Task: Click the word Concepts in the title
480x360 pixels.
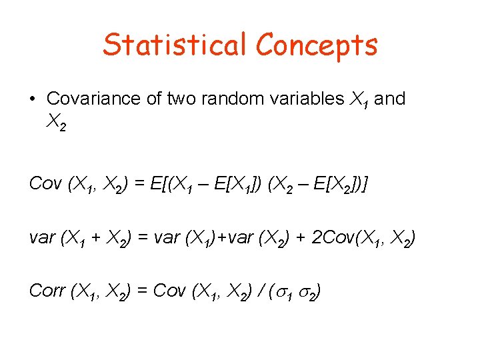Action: (317, 45)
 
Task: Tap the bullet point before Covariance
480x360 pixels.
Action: (33, 99)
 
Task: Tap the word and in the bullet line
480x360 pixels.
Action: (390, 99)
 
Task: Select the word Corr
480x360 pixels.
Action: (47, 291)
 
